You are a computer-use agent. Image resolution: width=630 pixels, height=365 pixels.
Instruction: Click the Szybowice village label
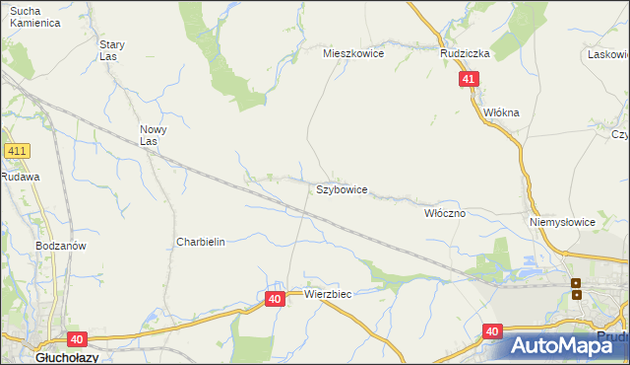pyautogui.click(x=342, y=189)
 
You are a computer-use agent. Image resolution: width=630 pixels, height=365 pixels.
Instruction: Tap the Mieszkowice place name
pyautogui.click(x=353, y=54)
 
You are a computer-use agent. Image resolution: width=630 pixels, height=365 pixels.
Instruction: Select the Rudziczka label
pyautogui.click(x=465, y=54)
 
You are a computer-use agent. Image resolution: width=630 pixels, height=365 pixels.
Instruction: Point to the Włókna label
pyautogui.click(x=501, y=112)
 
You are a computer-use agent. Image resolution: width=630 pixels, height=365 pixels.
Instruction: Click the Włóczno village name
pyautogui.click(x=444, y=213)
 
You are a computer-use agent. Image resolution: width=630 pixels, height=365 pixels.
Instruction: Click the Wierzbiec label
pyautogui.click(x=328, y=294)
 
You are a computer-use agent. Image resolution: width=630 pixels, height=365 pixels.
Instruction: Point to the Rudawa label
pyautogui.click(x=19, y=177)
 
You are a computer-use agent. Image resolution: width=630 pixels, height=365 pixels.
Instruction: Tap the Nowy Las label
pyautogui.click(x=153, y=135)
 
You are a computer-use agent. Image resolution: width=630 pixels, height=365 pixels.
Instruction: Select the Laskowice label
pyautogui.click(x=607, y=54)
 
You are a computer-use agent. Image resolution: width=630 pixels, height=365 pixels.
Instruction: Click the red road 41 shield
pyautogui.click(x=470, y=80)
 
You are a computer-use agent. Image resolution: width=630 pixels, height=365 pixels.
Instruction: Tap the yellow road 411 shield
pyautogui.click(x=17, y=151)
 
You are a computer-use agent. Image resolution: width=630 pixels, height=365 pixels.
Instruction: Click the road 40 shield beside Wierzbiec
pyautogui.click(x=275, y=298)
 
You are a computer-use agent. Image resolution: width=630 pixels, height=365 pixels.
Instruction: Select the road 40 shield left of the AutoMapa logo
pyautogui.click(x=493, y=332)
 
